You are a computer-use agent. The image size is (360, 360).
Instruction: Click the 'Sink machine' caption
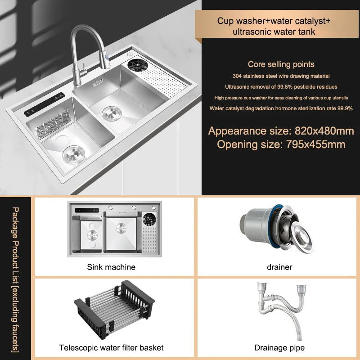[111, 267]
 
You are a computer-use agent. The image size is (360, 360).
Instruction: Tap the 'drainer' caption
[279, 267]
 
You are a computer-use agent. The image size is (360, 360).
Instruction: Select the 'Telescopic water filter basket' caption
[111, 347]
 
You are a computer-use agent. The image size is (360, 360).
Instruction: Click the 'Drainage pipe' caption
[279, 347]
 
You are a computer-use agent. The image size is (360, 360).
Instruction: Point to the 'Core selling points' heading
[281, 64]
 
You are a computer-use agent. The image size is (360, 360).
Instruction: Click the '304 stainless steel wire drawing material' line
[281, 76]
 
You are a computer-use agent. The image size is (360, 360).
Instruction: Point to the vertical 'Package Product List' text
[16, 279]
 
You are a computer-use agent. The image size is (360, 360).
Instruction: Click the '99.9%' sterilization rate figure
[343, 108]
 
